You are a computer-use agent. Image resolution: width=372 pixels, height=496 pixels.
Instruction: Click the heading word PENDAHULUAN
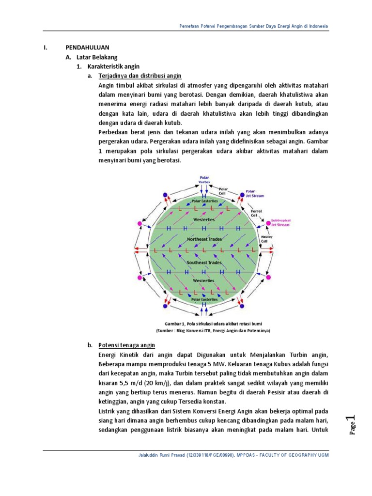pos(88,47)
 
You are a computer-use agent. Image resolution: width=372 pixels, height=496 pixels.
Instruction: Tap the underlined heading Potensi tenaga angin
pos(126,345)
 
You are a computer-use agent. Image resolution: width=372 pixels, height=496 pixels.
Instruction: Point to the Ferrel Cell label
pos(255,213)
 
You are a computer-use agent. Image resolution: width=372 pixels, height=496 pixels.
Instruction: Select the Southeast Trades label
pos(204,262)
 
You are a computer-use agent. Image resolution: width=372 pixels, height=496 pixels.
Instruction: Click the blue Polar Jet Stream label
pos(254,194)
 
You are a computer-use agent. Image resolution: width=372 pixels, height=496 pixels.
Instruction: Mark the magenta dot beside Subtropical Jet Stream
pos(268,223)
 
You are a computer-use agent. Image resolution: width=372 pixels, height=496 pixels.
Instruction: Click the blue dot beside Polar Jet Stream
pos(242,194)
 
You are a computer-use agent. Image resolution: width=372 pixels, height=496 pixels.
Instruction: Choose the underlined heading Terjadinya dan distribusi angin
pos(139,76)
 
